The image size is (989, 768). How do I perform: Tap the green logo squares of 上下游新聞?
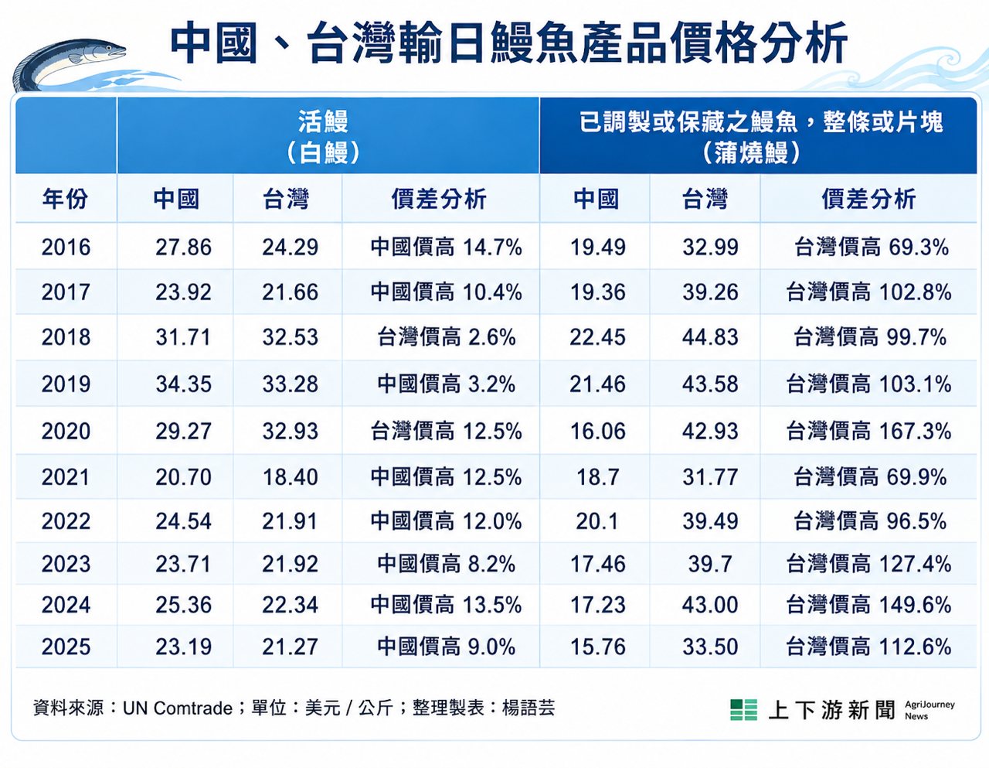point(744,710)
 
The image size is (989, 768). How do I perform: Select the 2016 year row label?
point(66,247)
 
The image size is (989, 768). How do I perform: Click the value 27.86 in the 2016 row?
point(183,247)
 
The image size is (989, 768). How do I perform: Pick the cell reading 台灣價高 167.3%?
point(868,431)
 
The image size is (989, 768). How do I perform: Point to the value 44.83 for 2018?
point(710,337)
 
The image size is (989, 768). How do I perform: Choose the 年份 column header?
point(65,199)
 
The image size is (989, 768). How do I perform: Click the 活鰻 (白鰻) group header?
point(324,136)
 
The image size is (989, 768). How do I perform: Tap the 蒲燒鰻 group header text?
point(752,152)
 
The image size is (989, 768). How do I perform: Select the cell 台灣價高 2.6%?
point(446,337)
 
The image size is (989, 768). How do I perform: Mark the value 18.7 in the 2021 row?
point(597,477)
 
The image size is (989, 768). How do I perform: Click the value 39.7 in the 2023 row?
point(710,565)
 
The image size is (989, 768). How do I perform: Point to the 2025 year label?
point(66,647)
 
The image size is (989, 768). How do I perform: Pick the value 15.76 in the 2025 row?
point(597,647)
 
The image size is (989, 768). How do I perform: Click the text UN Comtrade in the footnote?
point(178,708)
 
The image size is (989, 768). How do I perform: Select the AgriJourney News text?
point(930,710)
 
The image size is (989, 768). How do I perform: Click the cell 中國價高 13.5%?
point(446,606)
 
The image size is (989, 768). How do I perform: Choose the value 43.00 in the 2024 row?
point(710,606)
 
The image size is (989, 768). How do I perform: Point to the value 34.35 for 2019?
point(183,384)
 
